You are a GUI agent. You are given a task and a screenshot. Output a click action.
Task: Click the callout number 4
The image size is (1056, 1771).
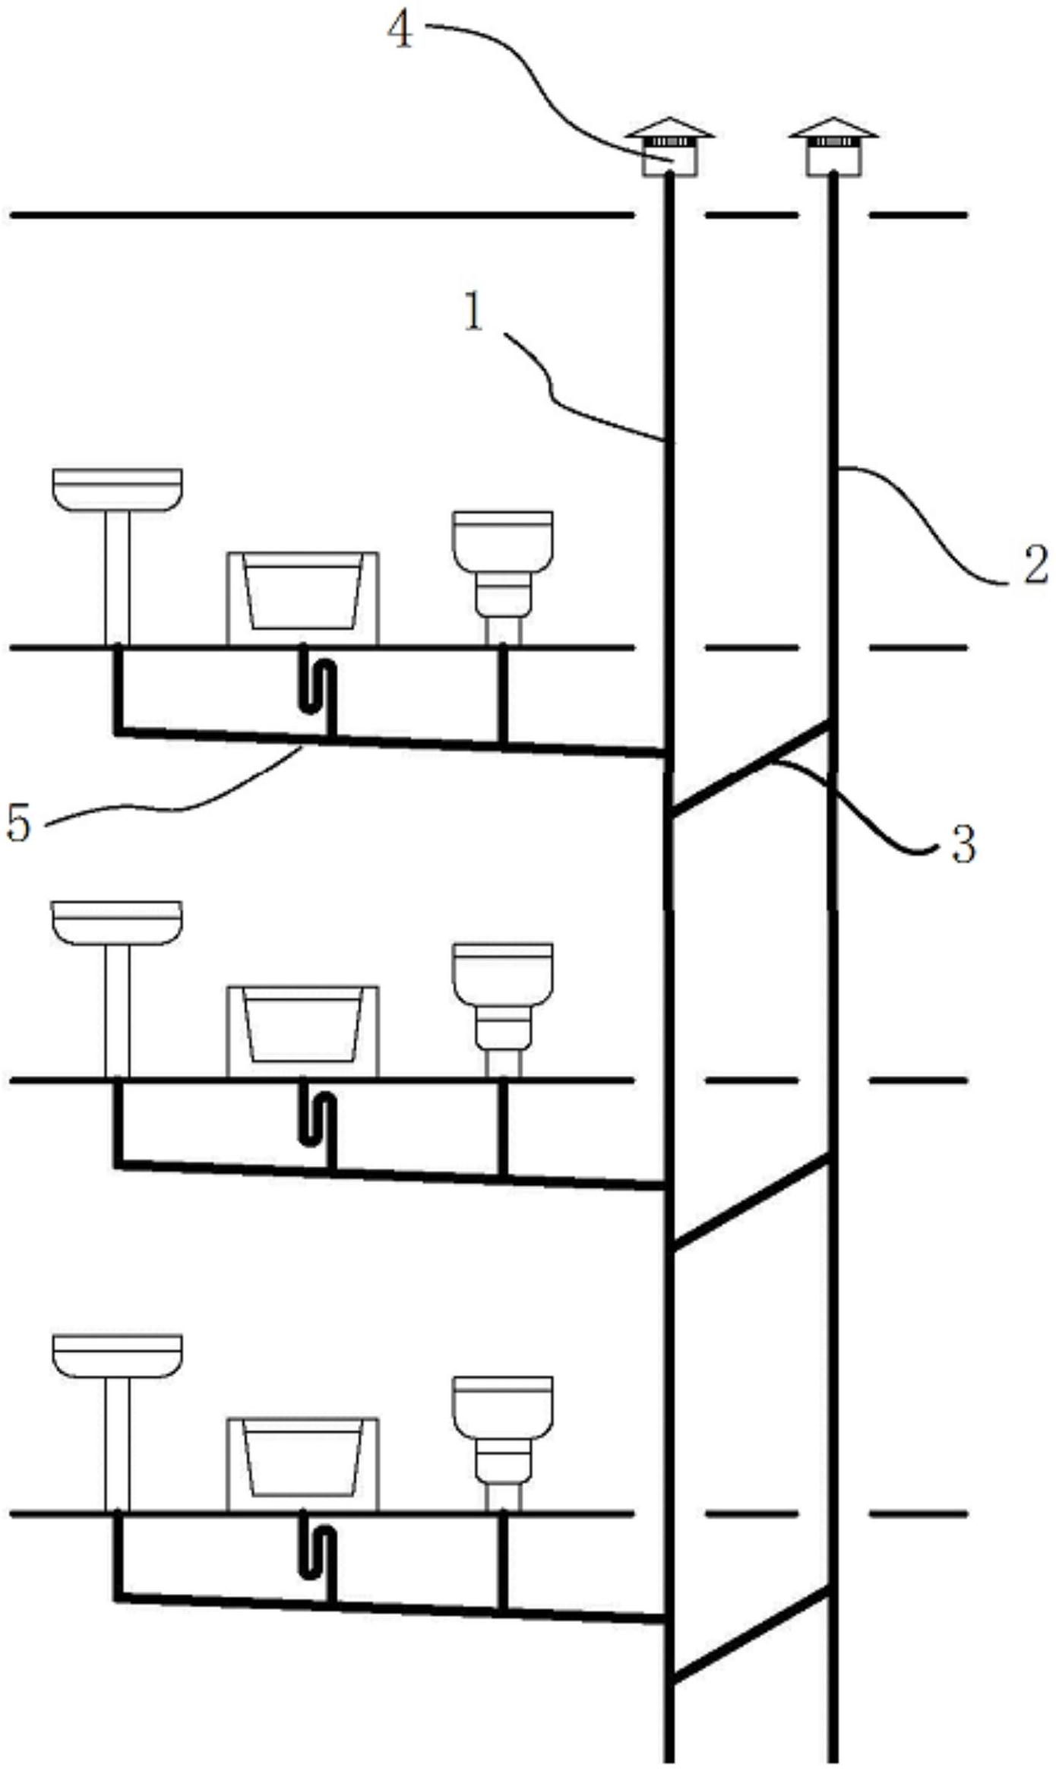[x=400, y=33]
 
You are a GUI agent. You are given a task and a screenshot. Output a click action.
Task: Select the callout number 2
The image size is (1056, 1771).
[x=1035, y=565]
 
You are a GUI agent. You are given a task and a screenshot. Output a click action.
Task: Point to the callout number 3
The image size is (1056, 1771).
[x=963, y=845]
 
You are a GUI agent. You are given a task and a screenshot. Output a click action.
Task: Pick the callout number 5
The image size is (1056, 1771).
[x=18, y=823]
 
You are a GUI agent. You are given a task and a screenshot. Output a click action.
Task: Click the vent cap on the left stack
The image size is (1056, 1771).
[x=669, y=147]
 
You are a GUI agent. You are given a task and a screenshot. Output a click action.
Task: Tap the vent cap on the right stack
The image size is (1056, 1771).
[x=833, y=147]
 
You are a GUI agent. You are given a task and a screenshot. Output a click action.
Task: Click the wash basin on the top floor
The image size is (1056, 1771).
[x=117, y=557]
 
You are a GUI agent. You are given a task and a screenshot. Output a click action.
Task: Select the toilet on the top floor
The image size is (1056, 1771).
[x=503, y=578]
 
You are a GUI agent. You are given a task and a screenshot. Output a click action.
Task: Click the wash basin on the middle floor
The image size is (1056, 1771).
[x=117, y=989]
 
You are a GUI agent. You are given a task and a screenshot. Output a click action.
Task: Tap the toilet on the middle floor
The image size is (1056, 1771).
[x=503, y=1010]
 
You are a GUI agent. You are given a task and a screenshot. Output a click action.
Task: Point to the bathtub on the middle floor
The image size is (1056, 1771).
[x=302, y=1032]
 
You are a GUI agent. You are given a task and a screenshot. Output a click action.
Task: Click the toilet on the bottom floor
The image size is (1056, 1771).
[x=503, y=1444]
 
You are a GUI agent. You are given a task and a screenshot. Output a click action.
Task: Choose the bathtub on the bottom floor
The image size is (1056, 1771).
[x=302, y=1466]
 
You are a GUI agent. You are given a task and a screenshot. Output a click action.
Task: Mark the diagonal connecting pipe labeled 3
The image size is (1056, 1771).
[x=751, y=769]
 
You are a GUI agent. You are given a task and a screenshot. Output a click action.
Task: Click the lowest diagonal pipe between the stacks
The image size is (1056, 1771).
[x=751, y=1636]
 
